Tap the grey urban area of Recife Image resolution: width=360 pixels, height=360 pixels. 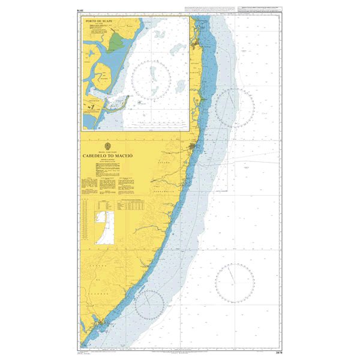[193, 148]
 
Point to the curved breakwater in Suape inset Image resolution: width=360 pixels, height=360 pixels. [118, 106]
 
